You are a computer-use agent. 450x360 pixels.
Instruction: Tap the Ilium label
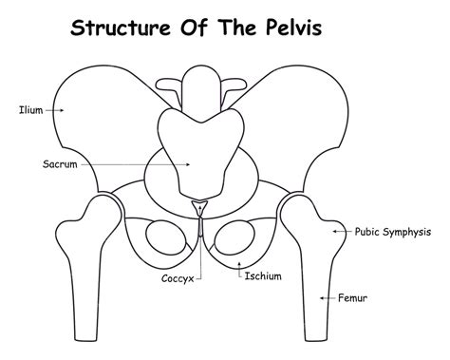coord(29,110)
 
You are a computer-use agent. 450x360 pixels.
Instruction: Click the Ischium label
coord(261,276)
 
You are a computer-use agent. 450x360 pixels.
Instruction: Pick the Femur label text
coord(353,298)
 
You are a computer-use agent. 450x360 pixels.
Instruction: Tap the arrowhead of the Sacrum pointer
coord(191,163)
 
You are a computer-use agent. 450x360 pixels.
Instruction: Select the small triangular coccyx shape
coord(199,208)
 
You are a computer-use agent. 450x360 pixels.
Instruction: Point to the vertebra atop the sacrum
coord(198,83)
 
